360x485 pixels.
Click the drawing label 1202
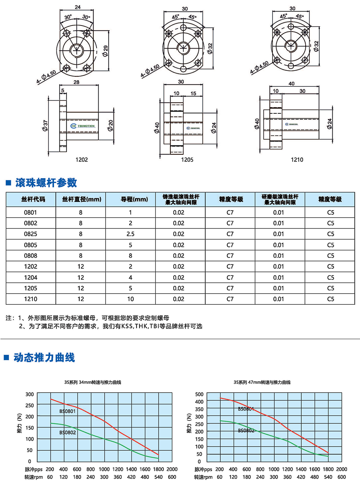[x=81, y=160]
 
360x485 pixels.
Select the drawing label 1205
[x=187, y=160]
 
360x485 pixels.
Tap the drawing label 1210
[x=297, y=160]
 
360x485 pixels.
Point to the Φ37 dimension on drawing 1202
[x=45, y=126]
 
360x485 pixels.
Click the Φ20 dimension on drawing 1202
[x=111, y=125]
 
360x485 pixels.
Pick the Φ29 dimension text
[x=105, y=51]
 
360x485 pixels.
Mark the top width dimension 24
[x=77, y=7]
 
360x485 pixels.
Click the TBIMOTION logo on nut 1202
[x=83, y=126]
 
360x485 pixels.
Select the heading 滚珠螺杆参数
[x=46, y=183]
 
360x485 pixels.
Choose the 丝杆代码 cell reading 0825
[x=31, y=234]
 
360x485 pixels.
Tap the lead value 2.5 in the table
[x=130, y=234]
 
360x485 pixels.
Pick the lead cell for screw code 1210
[x=130, y=299]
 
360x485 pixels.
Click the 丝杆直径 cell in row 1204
[x=81, y=277]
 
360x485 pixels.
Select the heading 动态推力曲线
[x=44, y=357]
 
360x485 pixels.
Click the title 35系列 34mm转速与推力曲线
[x=93, y=382]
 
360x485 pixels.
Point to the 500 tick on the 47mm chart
[x=199, y=394]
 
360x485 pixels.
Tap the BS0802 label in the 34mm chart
[x=68, y=432]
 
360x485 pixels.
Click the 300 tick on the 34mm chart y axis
[x=30, y=394]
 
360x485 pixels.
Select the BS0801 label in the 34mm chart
[x=68, y=411]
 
